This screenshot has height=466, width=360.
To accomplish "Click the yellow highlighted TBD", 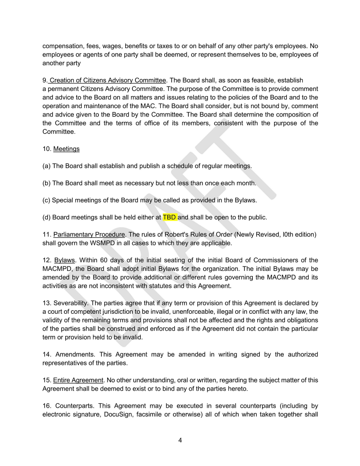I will pos(170,217).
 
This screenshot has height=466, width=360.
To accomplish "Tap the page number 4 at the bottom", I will pos(180,440).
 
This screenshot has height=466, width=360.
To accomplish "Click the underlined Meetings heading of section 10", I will pos(66,149).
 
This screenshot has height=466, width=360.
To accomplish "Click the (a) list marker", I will pos(46,166).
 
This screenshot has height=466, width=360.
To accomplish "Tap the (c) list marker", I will pos(46,200).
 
